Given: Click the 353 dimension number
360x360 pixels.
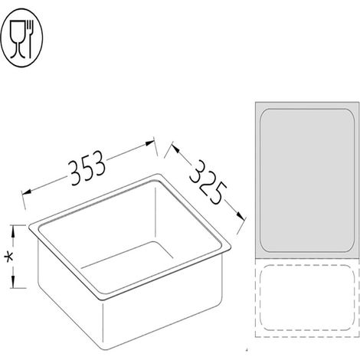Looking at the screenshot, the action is tap(87, 168).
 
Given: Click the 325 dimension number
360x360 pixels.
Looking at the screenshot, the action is tap(208, 182).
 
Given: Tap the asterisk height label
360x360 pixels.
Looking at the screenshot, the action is tap(9, 257).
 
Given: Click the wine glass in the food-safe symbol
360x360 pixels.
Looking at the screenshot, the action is tap(18, 39).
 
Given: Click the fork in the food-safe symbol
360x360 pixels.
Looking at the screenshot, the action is tap(31, 39).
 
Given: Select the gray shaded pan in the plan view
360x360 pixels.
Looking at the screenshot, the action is tap(307, 180).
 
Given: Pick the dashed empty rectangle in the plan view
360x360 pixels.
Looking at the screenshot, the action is tap(307, 298).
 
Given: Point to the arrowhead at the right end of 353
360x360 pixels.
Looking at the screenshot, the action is tap(149, 142).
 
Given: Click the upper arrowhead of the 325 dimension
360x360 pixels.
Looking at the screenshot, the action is tap(175, 149).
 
